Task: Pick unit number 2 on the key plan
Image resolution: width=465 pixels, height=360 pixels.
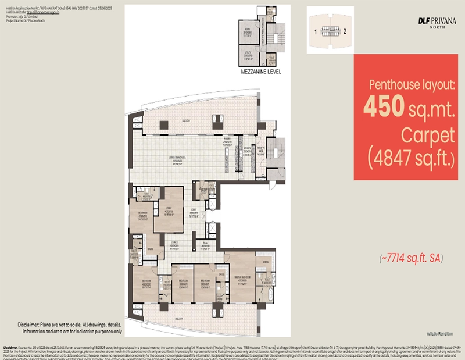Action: coord(345,31)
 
